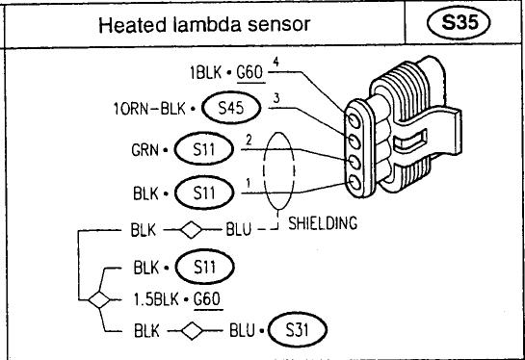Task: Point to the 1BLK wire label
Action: pos(206,72)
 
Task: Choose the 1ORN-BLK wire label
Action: pos(149,109)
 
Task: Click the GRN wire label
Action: pos(144,150)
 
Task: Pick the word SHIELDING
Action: pos(323,223)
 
